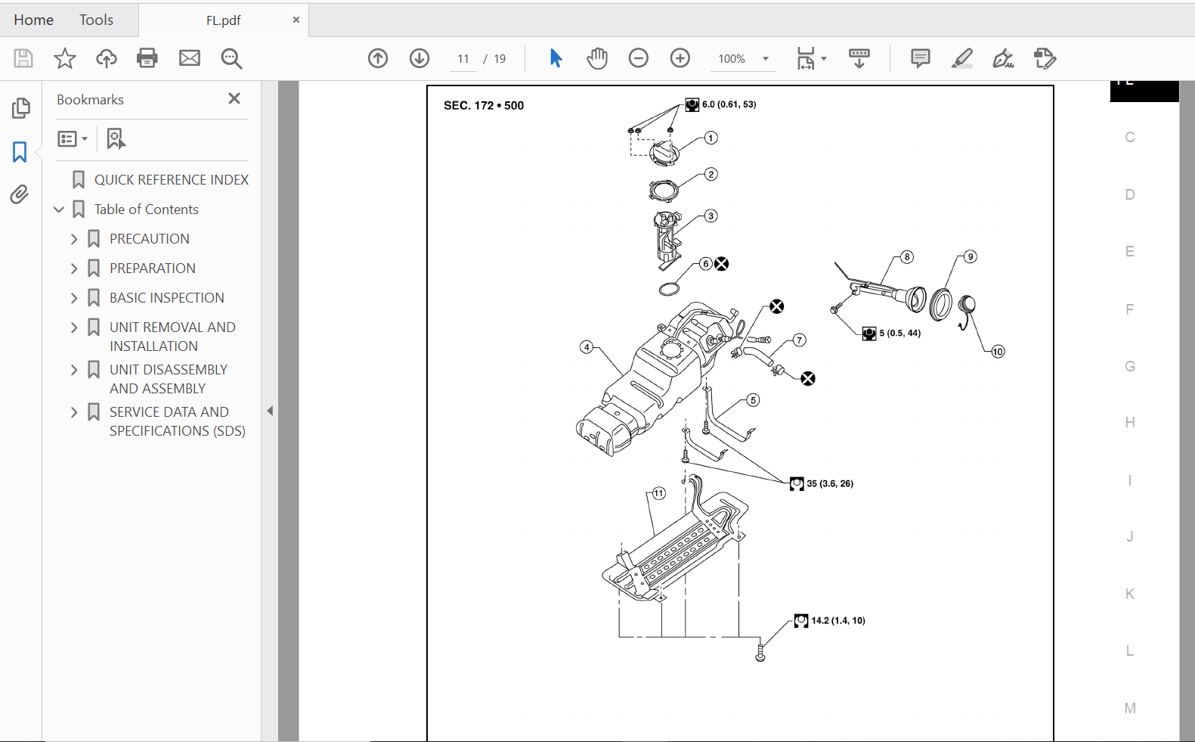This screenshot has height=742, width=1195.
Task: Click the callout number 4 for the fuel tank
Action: click(587, 347)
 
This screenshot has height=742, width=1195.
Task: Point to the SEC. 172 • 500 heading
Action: click(484, 105)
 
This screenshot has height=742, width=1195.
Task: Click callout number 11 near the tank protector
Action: click(659, 493)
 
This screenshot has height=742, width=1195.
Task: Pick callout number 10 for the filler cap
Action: click(998, 352)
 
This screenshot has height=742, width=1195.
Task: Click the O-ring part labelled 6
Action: click(669, 289)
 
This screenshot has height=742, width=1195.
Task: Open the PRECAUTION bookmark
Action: click(149, 239)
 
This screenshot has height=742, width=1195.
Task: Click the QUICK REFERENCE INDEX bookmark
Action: click(171, 180)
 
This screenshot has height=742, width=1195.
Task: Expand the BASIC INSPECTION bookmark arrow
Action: click(74, 298)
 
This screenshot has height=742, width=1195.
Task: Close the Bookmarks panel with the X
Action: click(234, 98)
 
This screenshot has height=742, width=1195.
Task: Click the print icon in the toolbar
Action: click(147, 58)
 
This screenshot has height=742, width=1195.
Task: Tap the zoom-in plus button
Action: click(680, 58)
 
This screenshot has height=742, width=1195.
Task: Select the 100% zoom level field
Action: click(732, 59)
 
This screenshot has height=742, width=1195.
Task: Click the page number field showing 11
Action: click(463, 59)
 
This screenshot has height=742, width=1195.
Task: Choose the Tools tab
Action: click(96, 20)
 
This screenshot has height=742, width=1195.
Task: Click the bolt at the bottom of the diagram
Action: click(760, 654)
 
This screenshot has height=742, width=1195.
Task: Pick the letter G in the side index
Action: click(1130, 366)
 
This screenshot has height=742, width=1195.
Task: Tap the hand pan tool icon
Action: click(597, 58)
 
